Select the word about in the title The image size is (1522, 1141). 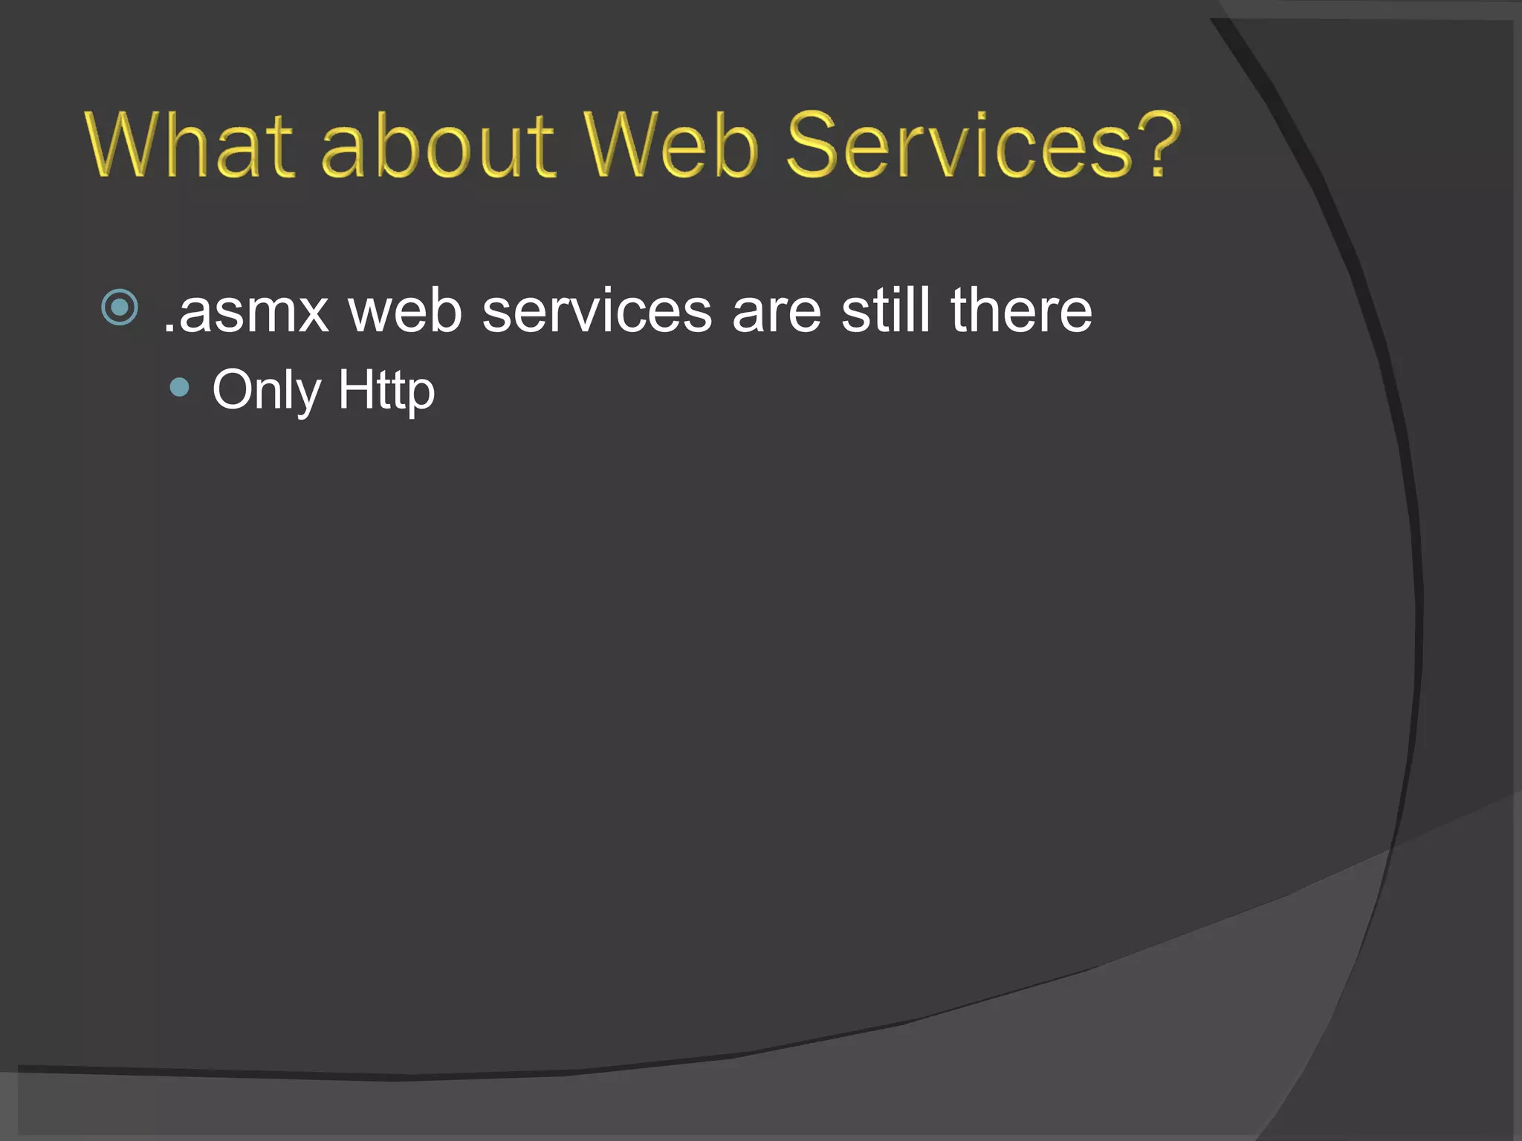coord(438,145)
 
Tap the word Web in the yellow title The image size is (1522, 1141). coord(670,145)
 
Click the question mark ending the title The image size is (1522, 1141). coord(1158,145)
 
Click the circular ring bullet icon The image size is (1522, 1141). coord(120,307)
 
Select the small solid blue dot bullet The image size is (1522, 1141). coord(179,387)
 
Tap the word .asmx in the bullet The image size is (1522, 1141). coord(245,311)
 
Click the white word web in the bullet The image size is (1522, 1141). coord(406,311)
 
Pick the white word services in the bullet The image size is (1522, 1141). coord(597,311)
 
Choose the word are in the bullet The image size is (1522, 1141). coord(777,311)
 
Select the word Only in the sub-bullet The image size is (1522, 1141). coord(267,391)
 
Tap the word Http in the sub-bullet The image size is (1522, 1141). coord(386,391)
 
